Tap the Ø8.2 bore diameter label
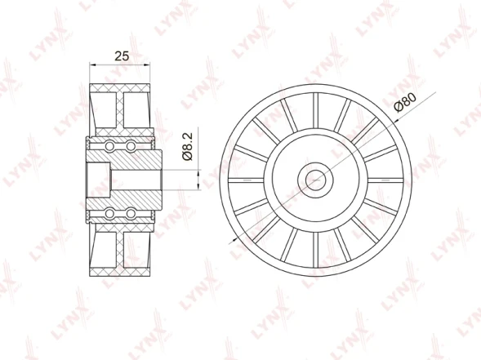coord(187,147)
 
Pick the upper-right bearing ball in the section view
coord(130,146)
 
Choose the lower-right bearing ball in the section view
coord(130,213)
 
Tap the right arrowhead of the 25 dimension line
coord(152,64)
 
